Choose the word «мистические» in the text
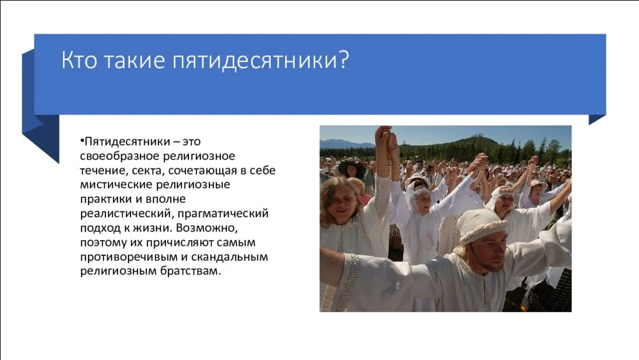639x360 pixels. click(x=114, y=185)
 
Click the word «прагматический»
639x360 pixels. click(x=233, y=213)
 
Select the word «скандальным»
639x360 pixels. click(x=232, y=256)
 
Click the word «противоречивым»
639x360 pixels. click(x=125, y=256)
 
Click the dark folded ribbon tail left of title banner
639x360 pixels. click(x=40, y=131)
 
